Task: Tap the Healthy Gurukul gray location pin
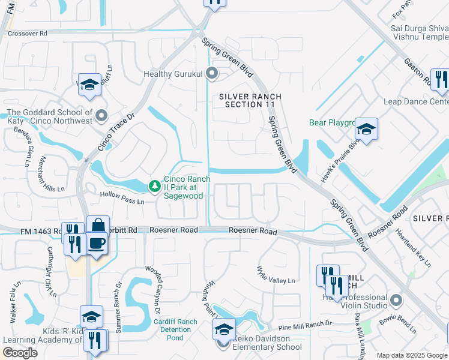point(211,74)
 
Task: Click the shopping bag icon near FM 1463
point(98,226)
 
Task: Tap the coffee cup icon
point(97,243)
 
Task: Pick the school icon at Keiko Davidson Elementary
point(224,329)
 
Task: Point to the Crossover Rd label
point(27,34)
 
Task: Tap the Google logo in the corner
point(20,353)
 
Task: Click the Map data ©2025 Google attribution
point(411,355)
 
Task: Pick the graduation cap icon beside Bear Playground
point(366,128)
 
